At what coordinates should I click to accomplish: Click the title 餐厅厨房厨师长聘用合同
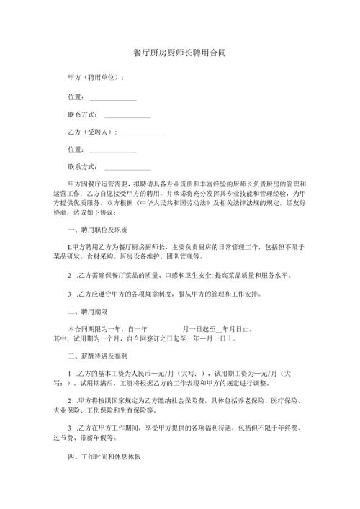pyautogui.click(x=180, y=54)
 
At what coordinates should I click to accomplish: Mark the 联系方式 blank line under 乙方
pyautogui.click(x=127, y=168)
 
